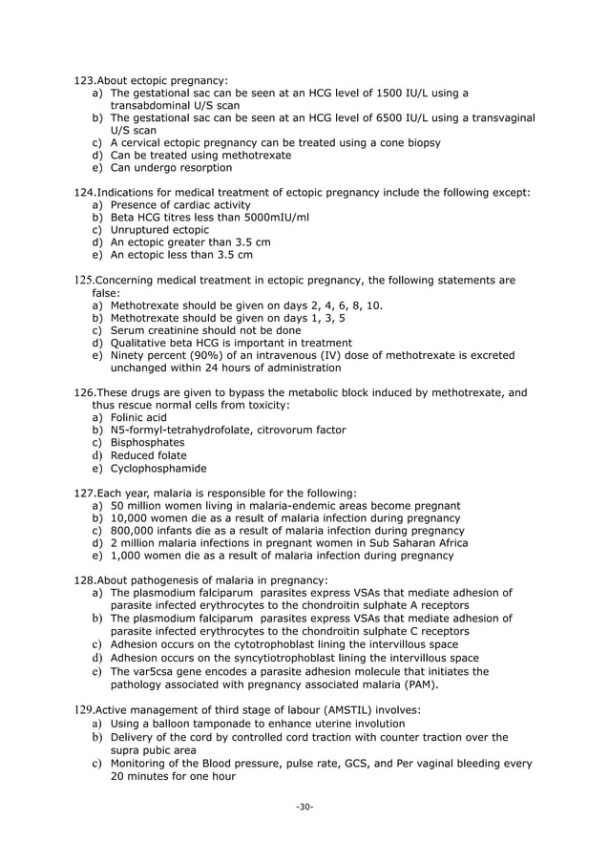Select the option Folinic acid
click(x=138, y=417)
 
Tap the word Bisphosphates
click(x=148, y=442)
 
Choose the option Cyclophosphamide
click(x=158, y=468)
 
